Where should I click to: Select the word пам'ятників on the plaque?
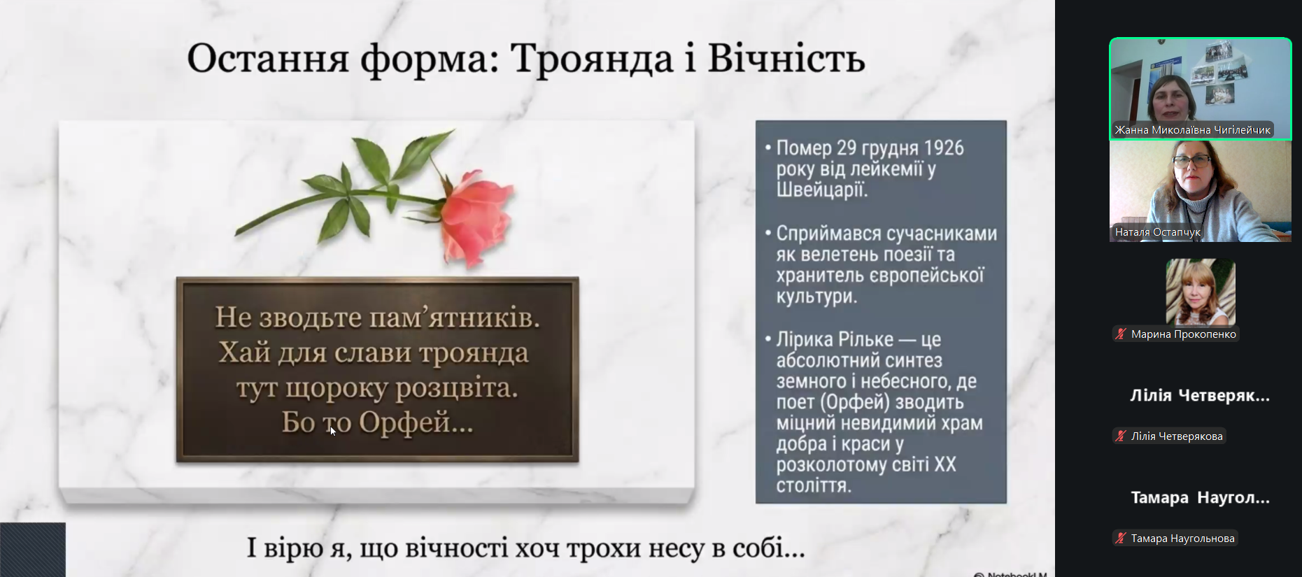point(455,318)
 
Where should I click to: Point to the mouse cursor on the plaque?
point(333,431)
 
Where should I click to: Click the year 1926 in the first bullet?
point(944,148)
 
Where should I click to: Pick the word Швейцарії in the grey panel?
point(822,190)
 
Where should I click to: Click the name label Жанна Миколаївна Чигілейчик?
point(1192,130)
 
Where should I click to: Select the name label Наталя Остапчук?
point(1157,232)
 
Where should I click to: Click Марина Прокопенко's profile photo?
point(1201,292)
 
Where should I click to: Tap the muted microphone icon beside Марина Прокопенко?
point(1121,334)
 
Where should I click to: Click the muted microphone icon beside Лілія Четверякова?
point(1121,436)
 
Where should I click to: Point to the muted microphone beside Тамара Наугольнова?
point(1121,539)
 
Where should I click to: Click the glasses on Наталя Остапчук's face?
point(1192,161)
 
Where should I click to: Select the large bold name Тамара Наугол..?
point(1201,498)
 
